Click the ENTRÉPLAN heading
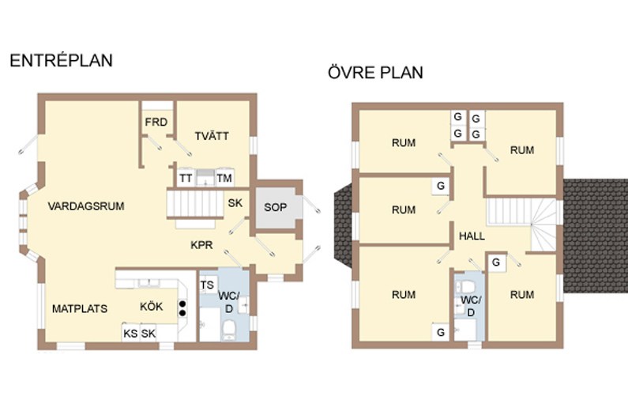pyautogui.click(x=61, y=61)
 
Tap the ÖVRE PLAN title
pyautogui.click(x=375, y=73)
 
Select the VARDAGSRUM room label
pyautogui.click(x=86, y=206)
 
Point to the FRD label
pyautogui.click(x=156, y=122)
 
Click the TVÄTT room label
pyautogui.click(x=212, y=136)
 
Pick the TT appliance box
pyautogui.click(x=186, y=178)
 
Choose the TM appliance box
pyautogui.click(x=224, y=178)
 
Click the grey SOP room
pyautogui.click(x=276, y=208)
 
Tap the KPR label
pyautogui.click(x=201, y=244)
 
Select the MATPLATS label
pyautogui.click(x=80, y=308)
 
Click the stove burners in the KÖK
pyautogui.click(x=182, y=308)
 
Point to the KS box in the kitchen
pyautogui.click(x=130, y=333)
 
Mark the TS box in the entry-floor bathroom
pyautogui.click(x=208, y=285)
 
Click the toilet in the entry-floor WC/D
pyautogui.click(x=229, y=330)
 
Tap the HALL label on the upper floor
pyautogui.click(x=472, y=236)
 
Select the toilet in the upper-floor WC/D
pyautogui.click(x=467, y=286)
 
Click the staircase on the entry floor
pyautogui.click(x=195, y=205)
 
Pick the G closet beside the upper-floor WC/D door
pyautogui.click(x=496, y=262)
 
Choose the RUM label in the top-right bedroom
pyautogui.click(x=522, y=150)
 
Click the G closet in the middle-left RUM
pyautogui.click(x=441, y=186)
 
